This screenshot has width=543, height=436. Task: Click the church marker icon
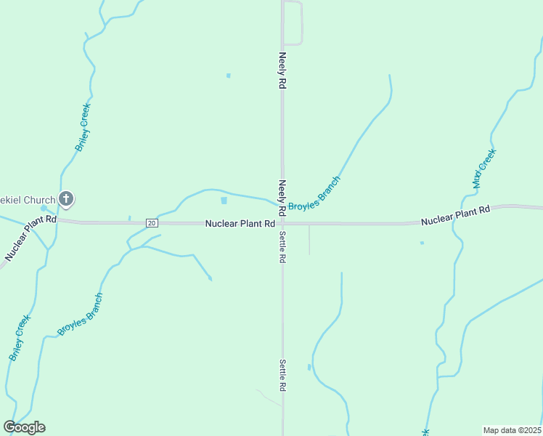tap(66, 198)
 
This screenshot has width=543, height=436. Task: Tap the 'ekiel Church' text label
tap(28, 200)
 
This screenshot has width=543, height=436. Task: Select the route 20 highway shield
tap(151, 222)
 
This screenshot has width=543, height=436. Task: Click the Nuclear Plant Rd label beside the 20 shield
tap(240, 224)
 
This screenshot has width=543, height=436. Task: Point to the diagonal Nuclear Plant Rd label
tap(30, 238)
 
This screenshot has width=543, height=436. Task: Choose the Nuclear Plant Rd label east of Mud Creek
tap(455, 214)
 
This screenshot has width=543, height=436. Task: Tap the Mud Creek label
tap(483, 169)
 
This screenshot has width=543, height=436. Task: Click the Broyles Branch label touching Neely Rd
tap(314, 194)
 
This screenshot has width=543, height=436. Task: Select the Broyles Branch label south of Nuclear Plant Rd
tap(81, 314)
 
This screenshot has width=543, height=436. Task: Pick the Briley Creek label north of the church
tap(83, 127)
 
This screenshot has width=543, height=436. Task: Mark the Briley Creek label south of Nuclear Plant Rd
tap(20, 338)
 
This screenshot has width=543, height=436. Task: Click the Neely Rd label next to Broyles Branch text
tap(283, 195)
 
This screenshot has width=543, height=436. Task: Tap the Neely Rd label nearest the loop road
tap(282, 70)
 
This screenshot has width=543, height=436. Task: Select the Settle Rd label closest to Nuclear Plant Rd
tap(282, 246)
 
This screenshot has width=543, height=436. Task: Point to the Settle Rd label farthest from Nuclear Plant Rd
tap(282, 376)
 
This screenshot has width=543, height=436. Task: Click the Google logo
tap(25, 427)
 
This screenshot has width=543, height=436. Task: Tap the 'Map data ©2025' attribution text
tap(513, 430)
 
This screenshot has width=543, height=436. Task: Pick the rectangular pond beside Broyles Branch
tap(224, 201)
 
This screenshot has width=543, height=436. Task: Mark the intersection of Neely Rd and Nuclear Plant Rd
tap(282, 224)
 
